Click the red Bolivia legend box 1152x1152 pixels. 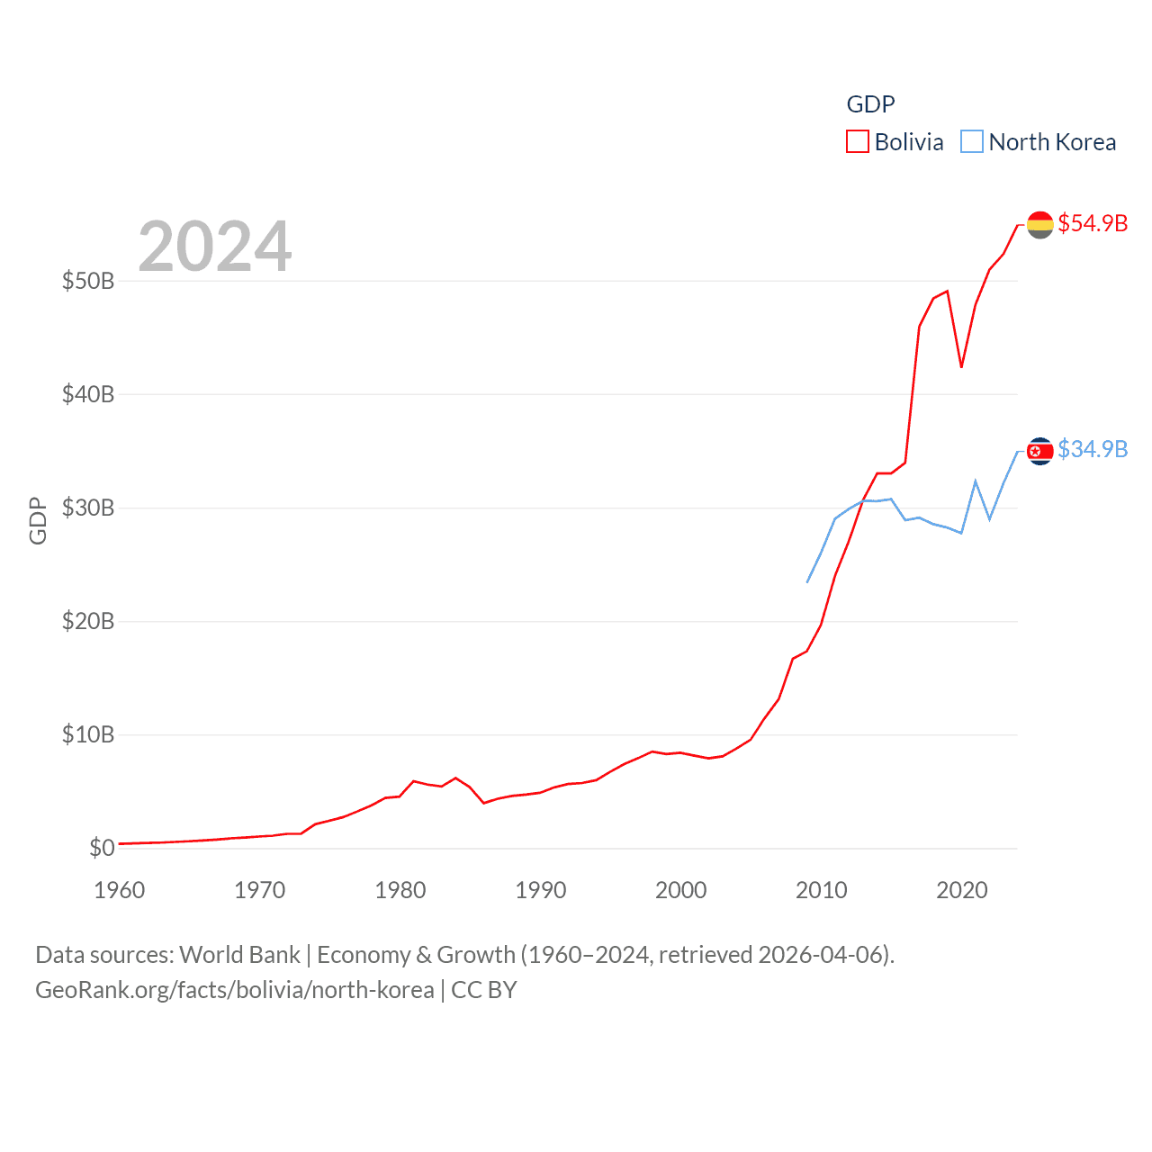(858, 142)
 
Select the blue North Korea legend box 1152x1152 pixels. (972, 142)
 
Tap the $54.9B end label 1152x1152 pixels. (1093, 223)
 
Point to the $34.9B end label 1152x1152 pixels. (1093, 449)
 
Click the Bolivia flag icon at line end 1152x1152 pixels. (1040, 225)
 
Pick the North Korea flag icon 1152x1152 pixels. (1040, 451)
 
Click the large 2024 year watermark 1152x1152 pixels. (215, 247)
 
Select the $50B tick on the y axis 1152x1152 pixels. (88, 281)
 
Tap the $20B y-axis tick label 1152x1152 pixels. (88, 621)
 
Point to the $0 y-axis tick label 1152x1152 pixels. (102, 848)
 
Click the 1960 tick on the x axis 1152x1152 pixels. (120, 890)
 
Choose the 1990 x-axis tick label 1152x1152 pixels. (541, 890)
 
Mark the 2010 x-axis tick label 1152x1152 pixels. (822, 890)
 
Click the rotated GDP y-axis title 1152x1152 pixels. (38, 520)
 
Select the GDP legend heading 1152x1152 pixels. (870, 104)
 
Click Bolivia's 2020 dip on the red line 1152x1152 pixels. (961, 367)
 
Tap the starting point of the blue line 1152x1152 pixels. (807, 582)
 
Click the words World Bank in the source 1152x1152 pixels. (239, 955)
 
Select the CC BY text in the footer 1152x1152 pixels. (484, 990)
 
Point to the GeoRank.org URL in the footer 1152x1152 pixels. (234, 990)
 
